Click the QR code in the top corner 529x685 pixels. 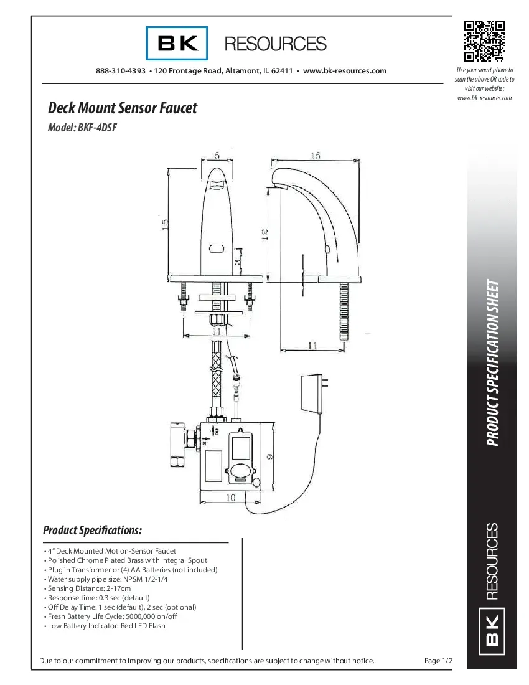(484, 41)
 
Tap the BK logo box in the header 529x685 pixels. (177, 44)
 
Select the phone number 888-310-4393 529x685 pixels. (121, 71)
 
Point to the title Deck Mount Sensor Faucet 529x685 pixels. (123, 108)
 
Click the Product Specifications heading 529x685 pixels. (93, 531)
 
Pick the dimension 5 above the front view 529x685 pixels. (217, 154)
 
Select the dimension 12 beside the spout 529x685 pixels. (264, 234)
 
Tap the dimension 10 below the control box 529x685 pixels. (231, 498)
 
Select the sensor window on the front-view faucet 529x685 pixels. (217, 249)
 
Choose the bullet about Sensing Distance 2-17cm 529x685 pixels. (88, 588)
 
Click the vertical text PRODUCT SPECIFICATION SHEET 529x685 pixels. (492, 363)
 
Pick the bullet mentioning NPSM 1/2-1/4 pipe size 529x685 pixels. (106, 579)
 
